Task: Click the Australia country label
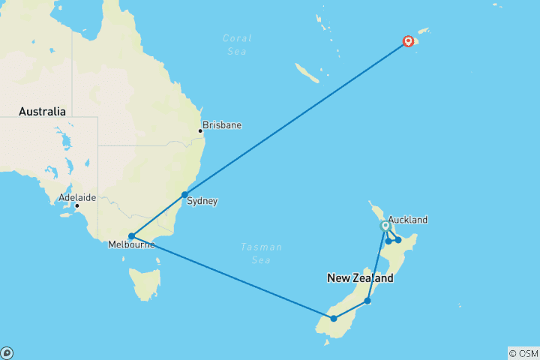click(43, 112)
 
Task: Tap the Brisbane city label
click(222, 125)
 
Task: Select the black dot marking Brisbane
click(200, 131)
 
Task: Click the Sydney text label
click(202, 201)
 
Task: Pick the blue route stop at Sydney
click(184, 195)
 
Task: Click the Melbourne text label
click(131, 245)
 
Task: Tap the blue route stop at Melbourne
click(131, 236)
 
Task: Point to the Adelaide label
click(77, 198)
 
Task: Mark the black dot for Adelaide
click(76, 205)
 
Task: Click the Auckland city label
click(408, 220)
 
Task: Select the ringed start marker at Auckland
click(385, 226)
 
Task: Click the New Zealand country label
click(360, 278)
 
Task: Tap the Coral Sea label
click(237, 44)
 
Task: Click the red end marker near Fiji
click(409, 41)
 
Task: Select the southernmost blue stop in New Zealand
click(334, 319)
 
